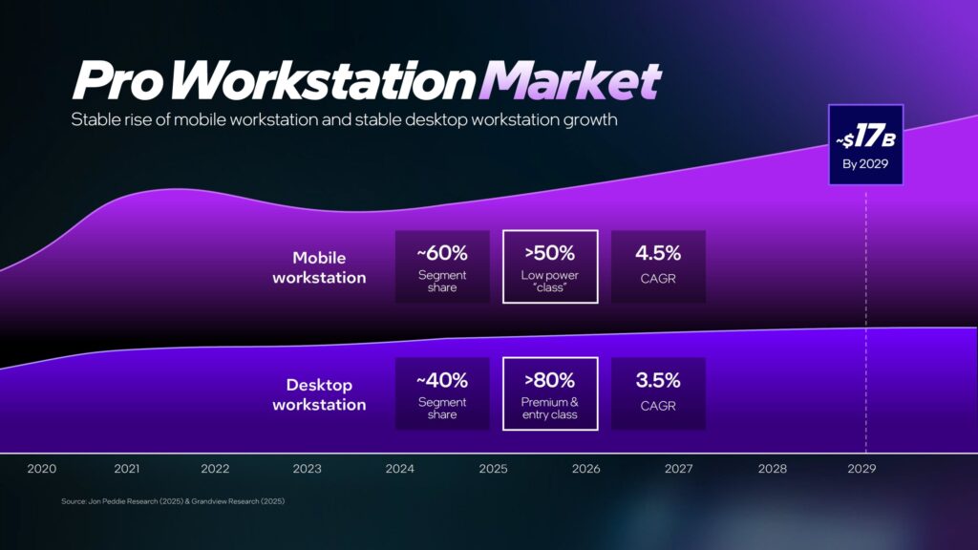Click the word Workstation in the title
pyautogui.click(x=321, y=80)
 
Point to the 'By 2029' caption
pyautogui.click(x=865, y=164)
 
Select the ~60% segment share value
pyautogui.click(x=442, y=253)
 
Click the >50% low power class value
pyautogui.click(x=549, y=253)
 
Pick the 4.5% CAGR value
pyautogui.click(x=658, y=253)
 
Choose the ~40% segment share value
pyautogui.click(x=442, y=380)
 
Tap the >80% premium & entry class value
pyautogui.click(x=549, y=380)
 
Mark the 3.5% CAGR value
pyautogui.click(x=658, y=380)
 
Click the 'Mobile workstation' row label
pyautogui.click(x=319, y=267)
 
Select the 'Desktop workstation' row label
pyautogui.click(x=319, y=394)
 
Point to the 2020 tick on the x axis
pyautogui.click(x=42, y=469)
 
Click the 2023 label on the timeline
pyautogui.click(x=308, y=469)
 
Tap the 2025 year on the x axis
pyautogui.click(x=494, y=469)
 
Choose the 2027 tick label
pyautogui.click(x=679, y=469)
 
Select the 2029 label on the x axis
pyautogui.click(x=862, y=469)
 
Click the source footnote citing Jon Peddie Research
pyautogui.click(x=173, y=501)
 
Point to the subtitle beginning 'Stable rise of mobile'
pyautogui.click(x=344, y=119)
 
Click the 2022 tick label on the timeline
pyautogui.click(x=215, y=469)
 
